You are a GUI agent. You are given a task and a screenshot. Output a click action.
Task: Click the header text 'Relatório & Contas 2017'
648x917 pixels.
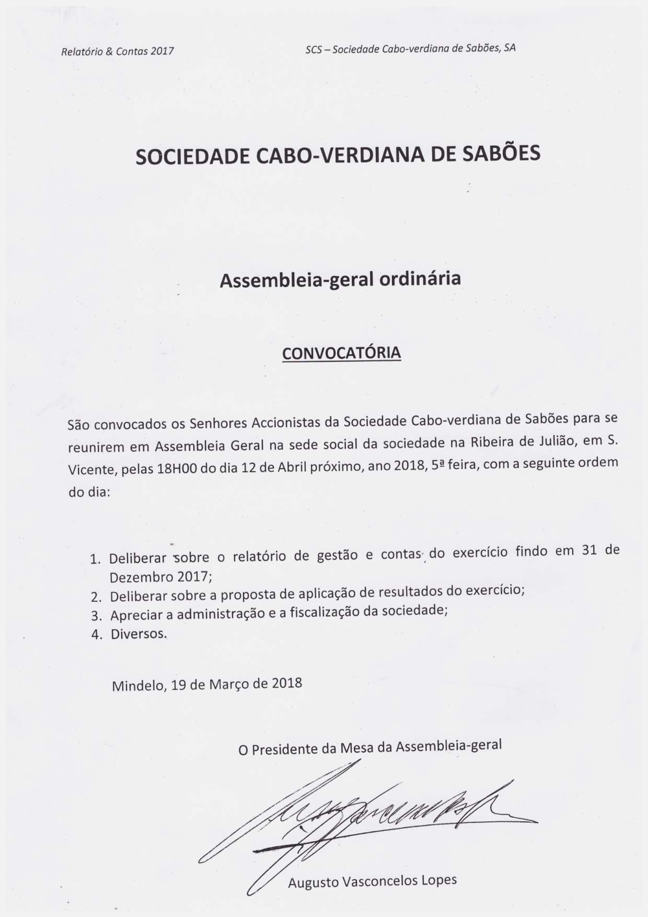coord(117,51)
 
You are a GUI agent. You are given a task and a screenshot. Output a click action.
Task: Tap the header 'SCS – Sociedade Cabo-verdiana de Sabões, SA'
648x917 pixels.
coord(411,49)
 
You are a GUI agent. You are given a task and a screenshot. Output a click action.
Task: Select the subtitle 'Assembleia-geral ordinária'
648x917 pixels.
coord(340,279)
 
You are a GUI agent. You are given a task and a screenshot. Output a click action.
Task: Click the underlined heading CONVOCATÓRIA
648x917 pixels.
coord(341,353)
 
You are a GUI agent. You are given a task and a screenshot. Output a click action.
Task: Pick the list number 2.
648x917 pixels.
coord(96,597)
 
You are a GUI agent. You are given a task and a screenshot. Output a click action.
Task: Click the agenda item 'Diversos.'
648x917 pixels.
coord(139,634)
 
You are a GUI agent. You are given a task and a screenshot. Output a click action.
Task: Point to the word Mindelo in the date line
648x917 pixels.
coord(139,686)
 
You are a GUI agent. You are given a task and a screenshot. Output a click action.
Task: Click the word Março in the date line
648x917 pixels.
coord(230,684)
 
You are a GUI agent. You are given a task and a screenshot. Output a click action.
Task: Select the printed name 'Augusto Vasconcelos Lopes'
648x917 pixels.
coord(372,881)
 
